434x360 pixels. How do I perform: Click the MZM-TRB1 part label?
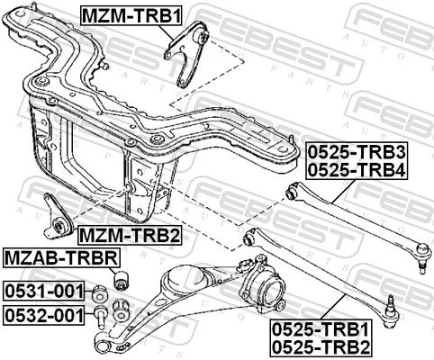click(121, 17)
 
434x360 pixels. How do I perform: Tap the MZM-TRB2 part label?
click(129, 236)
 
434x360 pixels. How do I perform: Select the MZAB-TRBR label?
click(61, 258)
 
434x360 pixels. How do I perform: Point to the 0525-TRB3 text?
click(356, 150)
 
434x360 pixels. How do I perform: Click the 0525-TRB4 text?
click(356, 168)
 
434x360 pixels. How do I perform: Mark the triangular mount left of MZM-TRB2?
click(58, 216)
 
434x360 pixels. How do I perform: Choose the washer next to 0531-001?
click(101, 292)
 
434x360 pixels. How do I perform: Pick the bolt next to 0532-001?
click(101, 314)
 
